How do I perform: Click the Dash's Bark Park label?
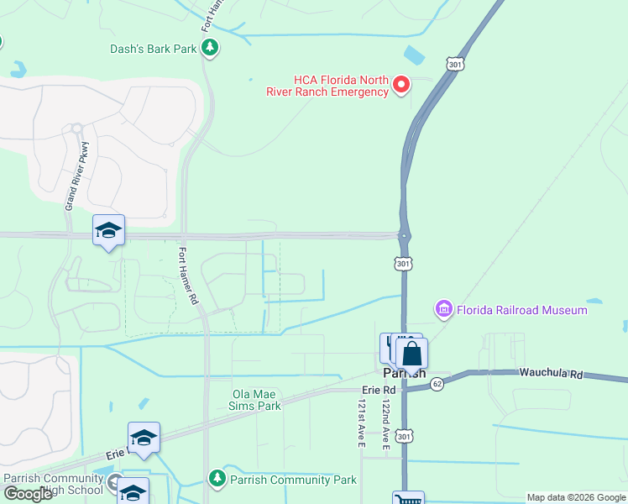pos(153,49)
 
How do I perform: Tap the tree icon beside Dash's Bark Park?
pos(211,49)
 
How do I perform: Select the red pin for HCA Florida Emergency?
pos(401,84)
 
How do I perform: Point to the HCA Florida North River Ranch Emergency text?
pos(328,86)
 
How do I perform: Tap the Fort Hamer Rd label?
pos(189,275)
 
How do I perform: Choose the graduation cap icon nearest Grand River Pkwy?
pos(108,230)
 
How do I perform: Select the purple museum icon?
pos(444,310)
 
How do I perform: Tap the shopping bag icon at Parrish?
pos(411,354)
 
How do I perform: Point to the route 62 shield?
pos(437,384)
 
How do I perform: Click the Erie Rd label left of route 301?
pos(378,391)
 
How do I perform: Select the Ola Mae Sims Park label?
pos(256,399)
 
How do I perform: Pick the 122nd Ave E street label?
pos(385,425)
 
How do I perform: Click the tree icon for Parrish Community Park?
pos(217,479)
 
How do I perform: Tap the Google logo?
pos(28,494)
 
